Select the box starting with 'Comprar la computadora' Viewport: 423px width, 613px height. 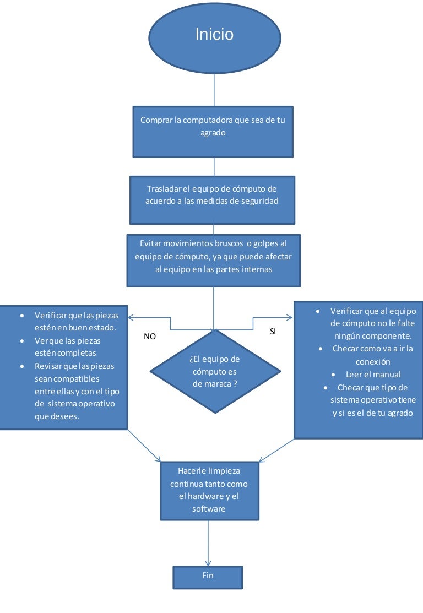(213, 132)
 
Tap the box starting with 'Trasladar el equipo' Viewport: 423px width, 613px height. (212, 199)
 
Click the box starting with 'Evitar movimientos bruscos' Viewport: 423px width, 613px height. (213, 260)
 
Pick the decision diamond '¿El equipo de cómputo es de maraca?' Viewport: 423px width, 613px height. (215, 371)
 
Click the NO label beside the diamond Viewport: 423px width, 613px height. (150, 336)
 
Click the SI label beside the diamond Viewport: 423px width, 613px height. (273, 333)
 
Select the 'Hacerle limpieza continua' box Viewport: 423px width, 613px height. (209, 490)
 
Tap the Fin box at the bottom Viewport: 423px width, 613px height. (208, 577)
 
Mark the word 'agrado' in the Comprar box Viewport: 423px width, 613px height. (213, 133)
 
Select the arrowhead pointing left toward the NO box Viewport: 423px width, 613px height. (131, 317)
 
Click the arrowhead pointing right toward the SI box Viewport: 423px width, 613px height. (289, 317)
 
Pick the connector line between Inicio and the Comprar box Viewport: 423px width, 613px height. (214, 90)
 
